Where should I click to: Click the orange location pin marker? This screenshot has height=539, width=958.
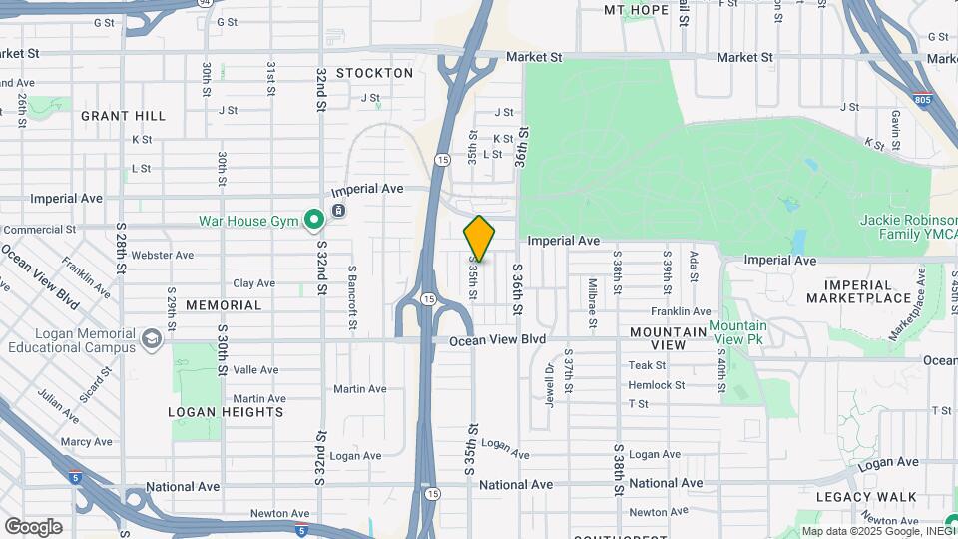(480, 238)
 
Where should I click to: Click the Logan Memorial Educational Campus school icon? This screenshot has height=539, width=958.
(152, 339)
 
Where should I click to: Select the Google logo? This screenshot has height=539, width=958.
(33, 527)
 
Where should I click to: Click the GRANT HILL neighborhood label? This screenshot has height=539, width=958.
(124, 116)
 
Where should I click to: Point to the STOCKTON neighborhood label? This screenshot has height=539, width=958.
(374, 73)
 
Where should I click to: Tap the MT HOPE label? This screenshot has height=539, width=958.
(636, 10)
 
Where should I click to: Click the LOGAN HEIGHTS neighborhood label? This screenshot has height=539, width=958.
(226, 412)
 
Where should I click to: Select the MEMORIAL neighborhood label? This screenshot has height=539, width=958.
(224, 305)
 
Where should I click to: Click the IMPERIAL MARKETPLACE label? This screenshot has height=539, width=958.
(859, 290)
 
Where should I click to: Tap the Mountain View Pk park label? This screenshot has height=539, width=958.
(738, 334)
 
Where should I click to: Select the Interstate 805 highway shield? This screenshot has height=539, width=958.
(925, 100)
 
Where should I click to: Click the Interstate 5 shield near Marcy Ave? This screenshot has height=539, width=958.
(76, 477)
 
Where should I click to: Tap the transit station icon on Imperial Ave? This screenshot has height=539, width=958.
(339, 210)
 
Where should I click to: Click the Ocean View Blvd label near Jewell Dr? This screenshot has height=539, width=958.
(498, 339)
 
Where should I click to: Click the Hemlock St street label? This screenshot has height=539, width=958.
(656, 385)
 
